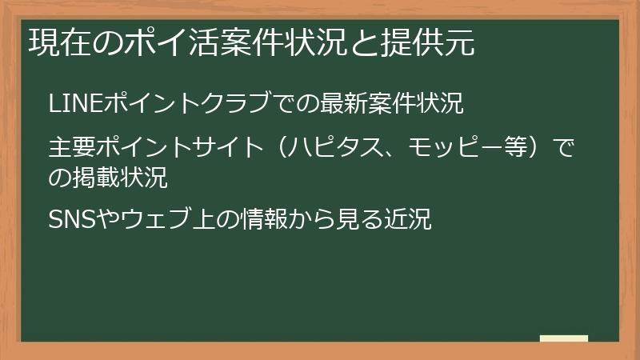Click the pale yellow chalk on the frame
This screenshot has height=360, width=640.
(x=564, y=338)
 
